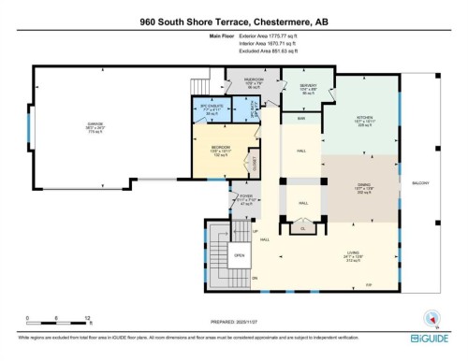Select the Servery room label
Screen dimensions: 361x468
[x=308, y=87]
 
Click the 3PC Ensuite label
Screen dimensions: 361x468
[x=211, y=106]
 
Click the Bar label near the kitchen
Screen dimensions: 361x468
[x=302, y=119]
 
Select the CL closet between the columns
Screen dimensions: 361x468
[x=302, y=227]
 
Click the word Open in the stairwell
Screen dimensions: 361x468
[x=239, y=254]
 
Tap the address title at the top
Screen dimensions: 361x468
[x=233, y=20]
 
